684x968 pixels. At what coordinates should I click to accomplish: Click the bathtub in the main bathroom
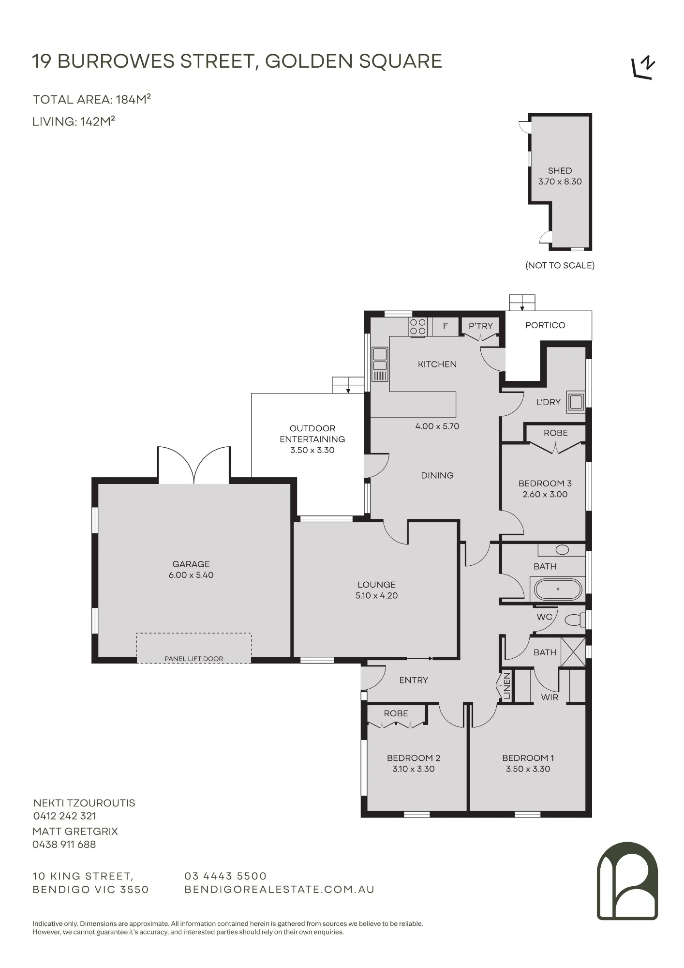coord(558,589)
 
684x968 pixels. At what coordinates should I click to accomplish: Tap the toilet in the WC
coord(575,620)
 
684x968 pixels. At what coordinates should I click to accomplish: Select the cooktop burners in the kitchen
coord(418,327)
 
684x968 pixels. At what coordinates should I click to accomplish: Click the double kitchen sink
coord(380,364)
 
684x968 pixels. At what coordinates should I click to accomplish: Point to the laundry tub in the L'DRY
coord(576,402)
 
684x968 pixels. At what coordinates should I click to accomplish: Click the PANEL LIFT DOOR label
coord(194,659)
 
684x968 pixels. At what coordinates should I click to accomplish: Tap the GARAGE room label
coord(191,564)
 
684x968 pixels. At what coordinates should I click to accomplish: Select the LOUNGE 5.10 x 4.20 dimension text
coord(376,596)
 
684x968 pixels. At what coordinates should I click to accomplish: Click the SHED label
coord(560,170)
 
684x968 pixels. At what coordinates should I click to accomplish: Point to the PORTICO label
coord(545,325)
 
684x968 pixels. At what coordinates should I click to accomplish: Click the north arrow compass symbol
coord(644,68)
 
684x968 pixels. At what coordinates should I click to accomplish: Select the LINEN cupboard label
coord(507,686)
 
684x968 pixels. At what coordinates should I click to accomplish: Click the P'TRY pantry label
coord(480,326)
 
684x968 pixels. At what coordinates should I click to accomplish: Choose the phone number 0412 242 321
coord(65,816)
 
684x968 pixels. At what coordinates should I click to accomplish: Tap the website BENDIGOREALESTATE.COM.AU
coord(280,890)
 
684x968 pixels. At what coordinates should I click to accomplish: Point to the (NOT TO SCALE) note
coord(560,265)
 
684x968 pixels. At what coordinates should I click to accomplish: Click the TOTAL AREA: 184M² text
coord(92,99)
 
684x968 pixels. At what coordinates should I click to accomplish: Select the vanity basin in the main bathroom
coord(562,550)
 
